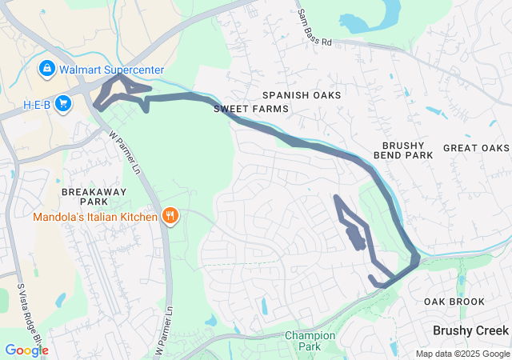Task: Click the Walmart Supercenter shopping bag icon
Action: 46,68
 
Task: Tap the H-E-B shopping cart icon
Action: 63,106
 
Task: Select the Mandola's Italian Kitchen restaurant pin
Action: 170,215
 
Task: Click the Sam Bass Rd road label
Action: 314,27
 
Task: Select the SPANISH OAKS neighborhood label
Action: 305,95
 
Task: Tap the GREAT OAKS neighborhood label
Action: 476,148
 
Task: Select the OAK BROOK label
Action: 454,302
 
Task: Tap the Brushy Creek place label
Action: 470,330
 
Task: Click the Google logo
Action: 26,350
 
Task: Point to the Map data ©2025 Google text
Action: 462,354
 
